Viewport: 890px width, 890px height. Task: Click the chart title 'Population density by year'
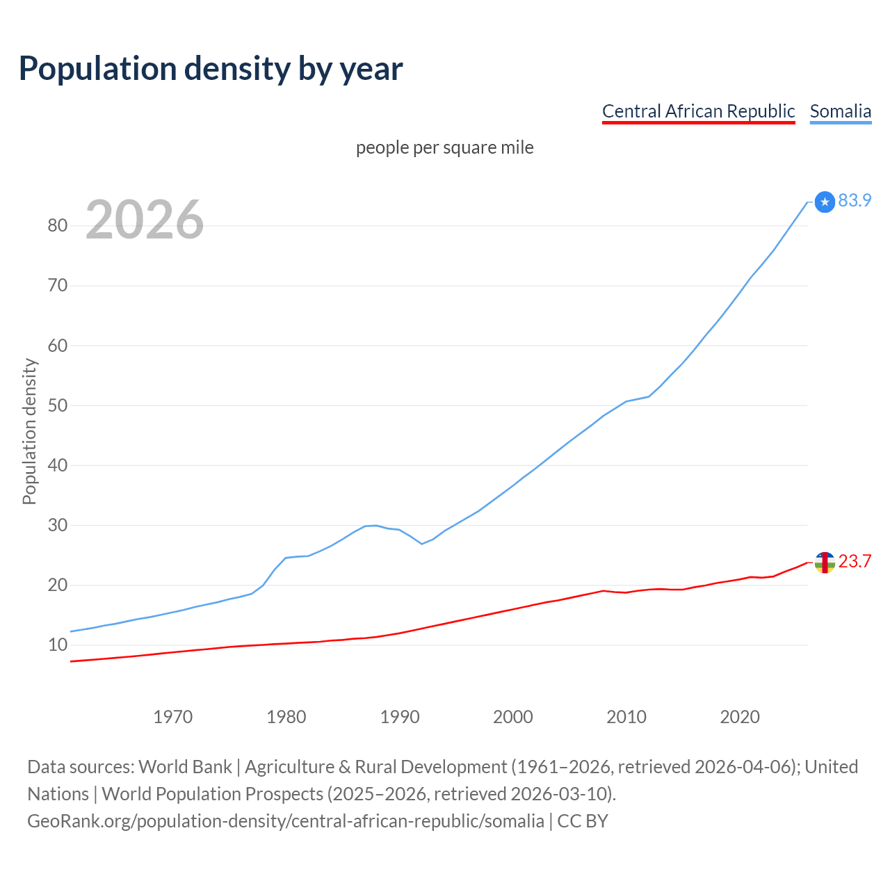[x=211, y=69]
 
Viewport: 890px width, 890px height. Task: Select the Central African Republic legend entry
[x=698, y=111]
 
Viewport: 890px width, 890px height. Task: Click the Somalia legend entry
[x=840, y=111]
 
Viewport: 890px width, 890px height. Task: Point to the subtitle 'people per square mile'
[x=444, y=148]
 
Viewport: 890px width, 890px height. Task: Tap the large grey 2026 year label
[x=145, y=220]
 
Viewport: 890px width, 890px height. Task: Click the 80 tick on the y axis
[x=58, y=225]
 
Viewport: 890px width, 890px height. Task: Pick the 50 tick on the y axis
[x=58, y=405]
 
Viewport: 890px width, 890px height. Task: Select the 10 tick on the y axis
[x=58, y=645]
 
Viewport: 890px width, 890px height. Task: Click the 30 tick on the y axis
[x=58, y=525]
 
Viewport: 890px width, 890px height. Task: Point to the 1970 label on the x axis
[x=172, y=717]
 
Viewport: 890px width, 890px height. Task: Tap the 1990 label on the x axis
[x=400, y=717]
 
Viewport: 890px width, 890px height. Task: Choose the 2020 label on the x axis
[x=740, y=717]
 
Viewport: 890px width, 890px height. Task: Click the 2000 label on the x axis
[x=513, y=717]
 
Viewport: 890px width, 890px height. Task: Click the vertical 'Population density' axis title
[x=29, y=431]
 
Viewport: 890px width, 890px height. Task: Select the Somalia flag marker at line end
[x=825, y=202]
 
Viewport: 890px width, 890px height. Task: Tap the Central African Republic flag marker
[x=825, y=563]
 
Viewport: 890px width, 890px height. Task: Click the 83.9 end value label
[x=855, y=200]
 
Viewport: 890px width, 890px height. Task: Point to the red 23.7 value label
[x=855, y=561]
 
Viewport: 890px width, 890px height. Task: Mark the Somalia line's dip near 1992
[x=422, y=544]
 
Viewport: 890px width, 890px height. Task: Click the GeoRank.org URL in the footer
[x=285, y=821]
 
